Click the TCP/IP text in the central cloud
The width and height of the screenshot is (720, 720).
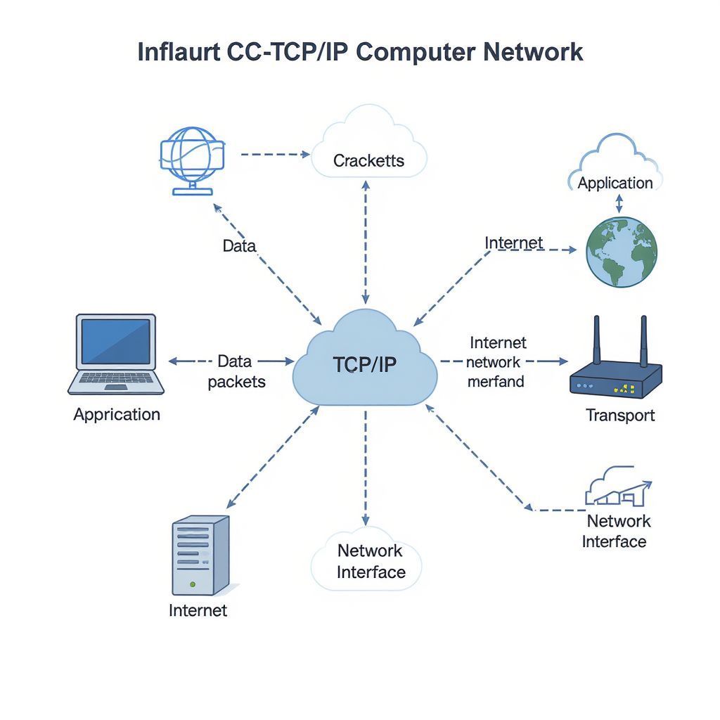[364, 364]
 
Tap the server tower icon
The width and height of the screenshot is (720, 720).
[200, 555]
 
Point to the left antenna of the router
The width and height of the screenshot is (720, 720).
[597, 341]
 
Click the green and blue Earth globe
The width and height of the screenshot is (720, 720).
[622, 252]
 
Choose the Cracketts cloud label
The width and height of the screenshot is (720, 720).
[368, 160]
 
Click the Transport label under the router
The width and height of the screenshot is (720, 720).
[620, 415]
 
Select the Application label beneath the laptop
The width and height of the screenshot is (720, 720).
[117, 414]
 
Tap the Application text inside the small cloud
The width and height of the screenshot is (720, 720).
[615, 183]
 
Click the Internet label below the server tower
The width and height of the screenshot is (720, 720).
[198, 610]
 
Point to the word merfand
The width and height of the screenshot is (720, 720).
[496, 382]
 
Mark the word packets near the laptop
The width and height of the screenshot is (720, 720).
[237, 382]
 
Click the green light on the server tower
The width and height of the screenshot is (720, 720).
[193, 584]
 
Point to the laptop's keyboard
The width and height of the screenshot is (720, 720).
[117, 380]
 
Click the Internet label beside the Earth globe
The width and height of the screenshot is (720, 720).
[514, 243]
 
